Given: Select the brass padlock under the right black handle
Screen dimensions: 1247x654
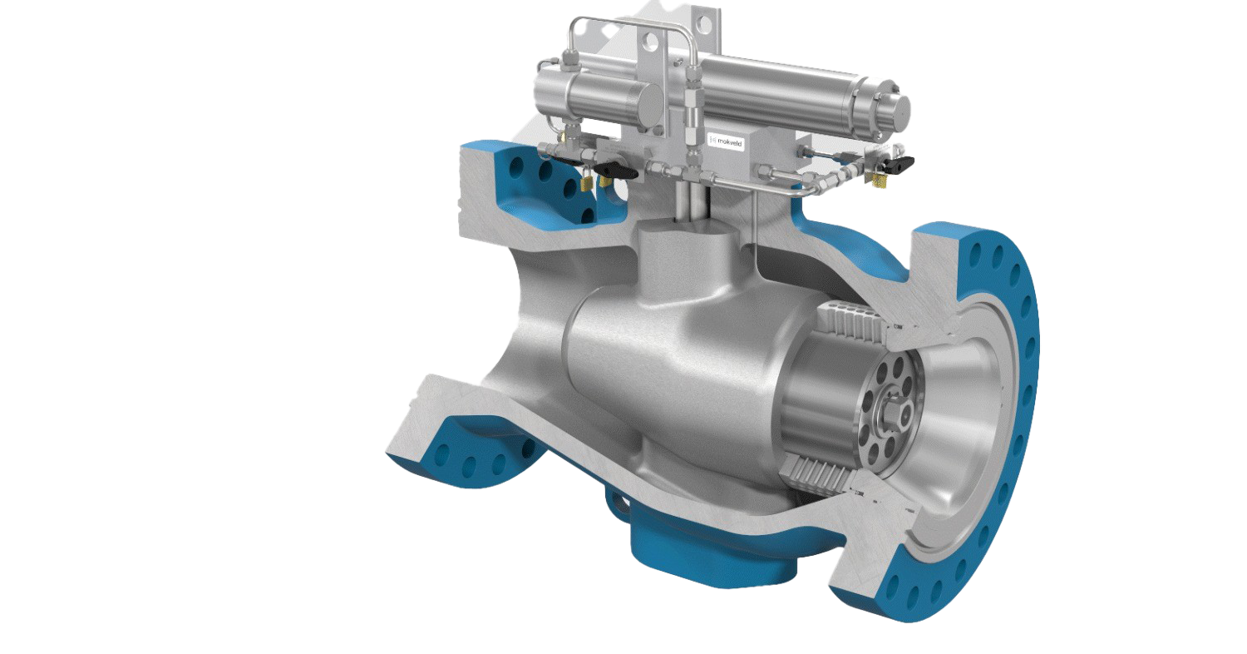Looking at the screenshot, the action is coord(879,179).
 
